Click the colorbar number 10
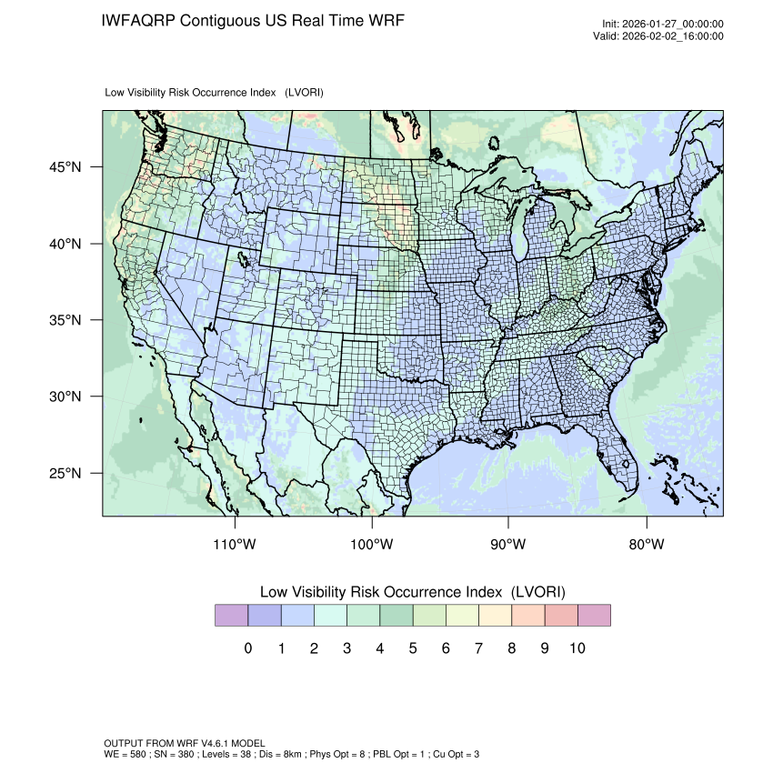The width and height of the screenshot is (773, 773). [577, 648]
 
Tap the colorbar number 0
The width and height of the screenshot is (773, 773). [247, 648]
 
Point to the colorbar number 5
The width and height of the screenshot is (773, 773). [412, 648]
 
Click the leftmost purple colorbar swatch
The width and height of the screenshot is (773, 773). [231, 616]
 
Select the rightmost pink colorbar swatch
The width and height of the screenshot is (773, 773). [594, 616]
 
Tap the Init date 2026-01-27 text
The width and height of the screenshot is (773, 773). [663, 25]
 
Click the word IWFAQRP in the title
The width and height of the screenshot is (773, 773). [139, 20]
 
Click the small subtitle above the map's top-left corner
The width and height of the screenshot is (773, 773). [215, 93]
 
